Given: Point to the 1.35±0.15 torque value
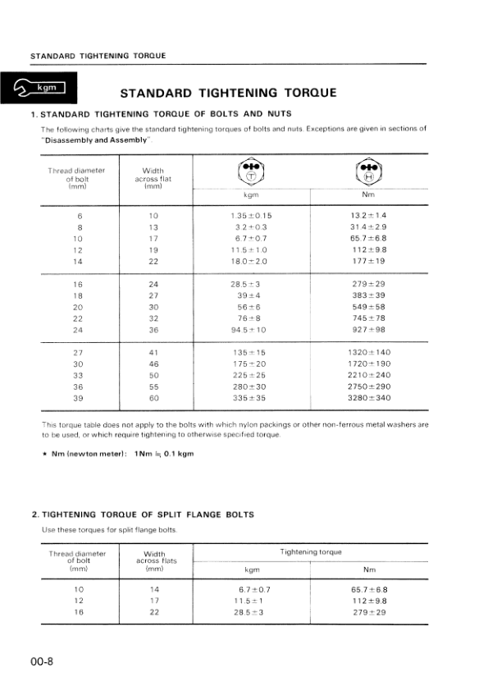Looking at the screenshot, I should pos(251,216).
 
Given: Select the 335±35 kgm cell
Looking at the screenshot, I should pos(251,398).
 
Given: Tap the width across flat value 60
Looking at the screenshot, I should pos(153,398).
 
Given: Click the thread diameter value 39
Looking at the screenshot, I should pos(79,398).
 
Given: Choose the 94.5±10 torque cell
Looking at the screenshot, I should pos(251,330).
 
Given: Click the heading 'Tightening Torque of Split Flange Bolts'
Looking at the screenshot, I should pos(142,514).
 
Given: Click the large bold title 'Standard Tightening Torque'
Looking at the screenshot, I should pos(228,92).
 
